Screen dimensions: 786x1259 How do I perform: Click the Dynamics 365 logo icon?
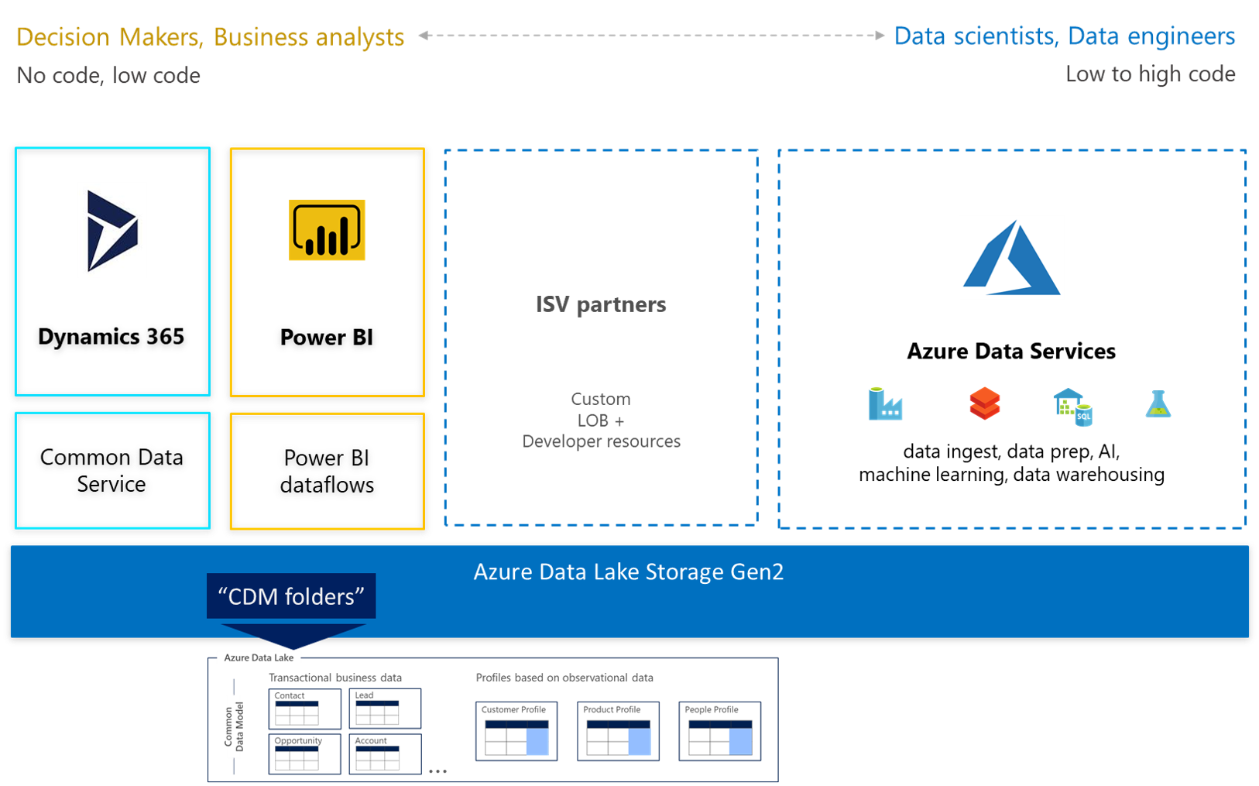coord(112,231)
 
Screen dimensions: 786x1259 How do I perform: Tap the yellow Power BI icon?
coord(327,231)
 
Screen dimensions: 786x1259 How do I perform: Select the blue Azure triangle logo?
coord(1011,259)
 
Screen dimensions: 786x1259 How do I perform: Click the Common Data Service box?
coord(112,470)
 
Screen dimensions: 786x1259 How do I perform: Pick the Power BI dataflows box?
coord(327,471)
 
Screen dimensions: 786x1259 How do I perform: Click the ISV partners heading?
coord(601,304)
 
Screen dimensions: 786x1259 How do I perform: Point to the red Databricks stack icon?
coord(984,403)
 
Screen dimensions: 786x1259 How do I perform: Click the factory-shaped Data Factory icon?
coord(885,404)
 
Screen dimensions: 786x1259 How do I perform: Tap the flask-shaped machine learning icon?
coord(1158,404)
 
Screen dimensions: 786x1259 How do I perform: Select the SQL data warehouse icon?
coord(1072,407)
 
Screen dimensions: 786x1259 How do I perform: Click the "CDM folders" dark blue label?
coord(291,596)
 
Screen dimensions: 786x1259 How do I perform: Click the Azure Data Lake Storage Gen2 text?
coord(628,571)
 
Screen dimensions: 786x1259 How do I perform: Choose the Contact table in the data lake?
coord(304,709)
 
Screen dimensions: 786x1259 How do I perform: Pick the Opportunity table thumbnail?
coord(304,753)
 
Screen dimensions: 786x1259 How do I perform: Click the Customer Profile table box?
coord(516,731)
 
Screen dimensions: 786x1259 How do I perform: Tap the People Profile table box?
coord(719,731)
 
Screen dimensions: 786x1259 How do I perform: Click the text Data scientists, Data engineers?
coord(1064,36)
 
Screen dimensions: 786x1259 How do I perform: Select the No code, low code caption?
coord(108,76)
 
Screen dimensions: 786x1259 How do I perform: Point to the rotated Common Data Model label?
coord(234,726)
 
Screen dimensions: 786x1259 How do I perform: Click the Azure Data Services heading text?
coord(1010,352)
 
